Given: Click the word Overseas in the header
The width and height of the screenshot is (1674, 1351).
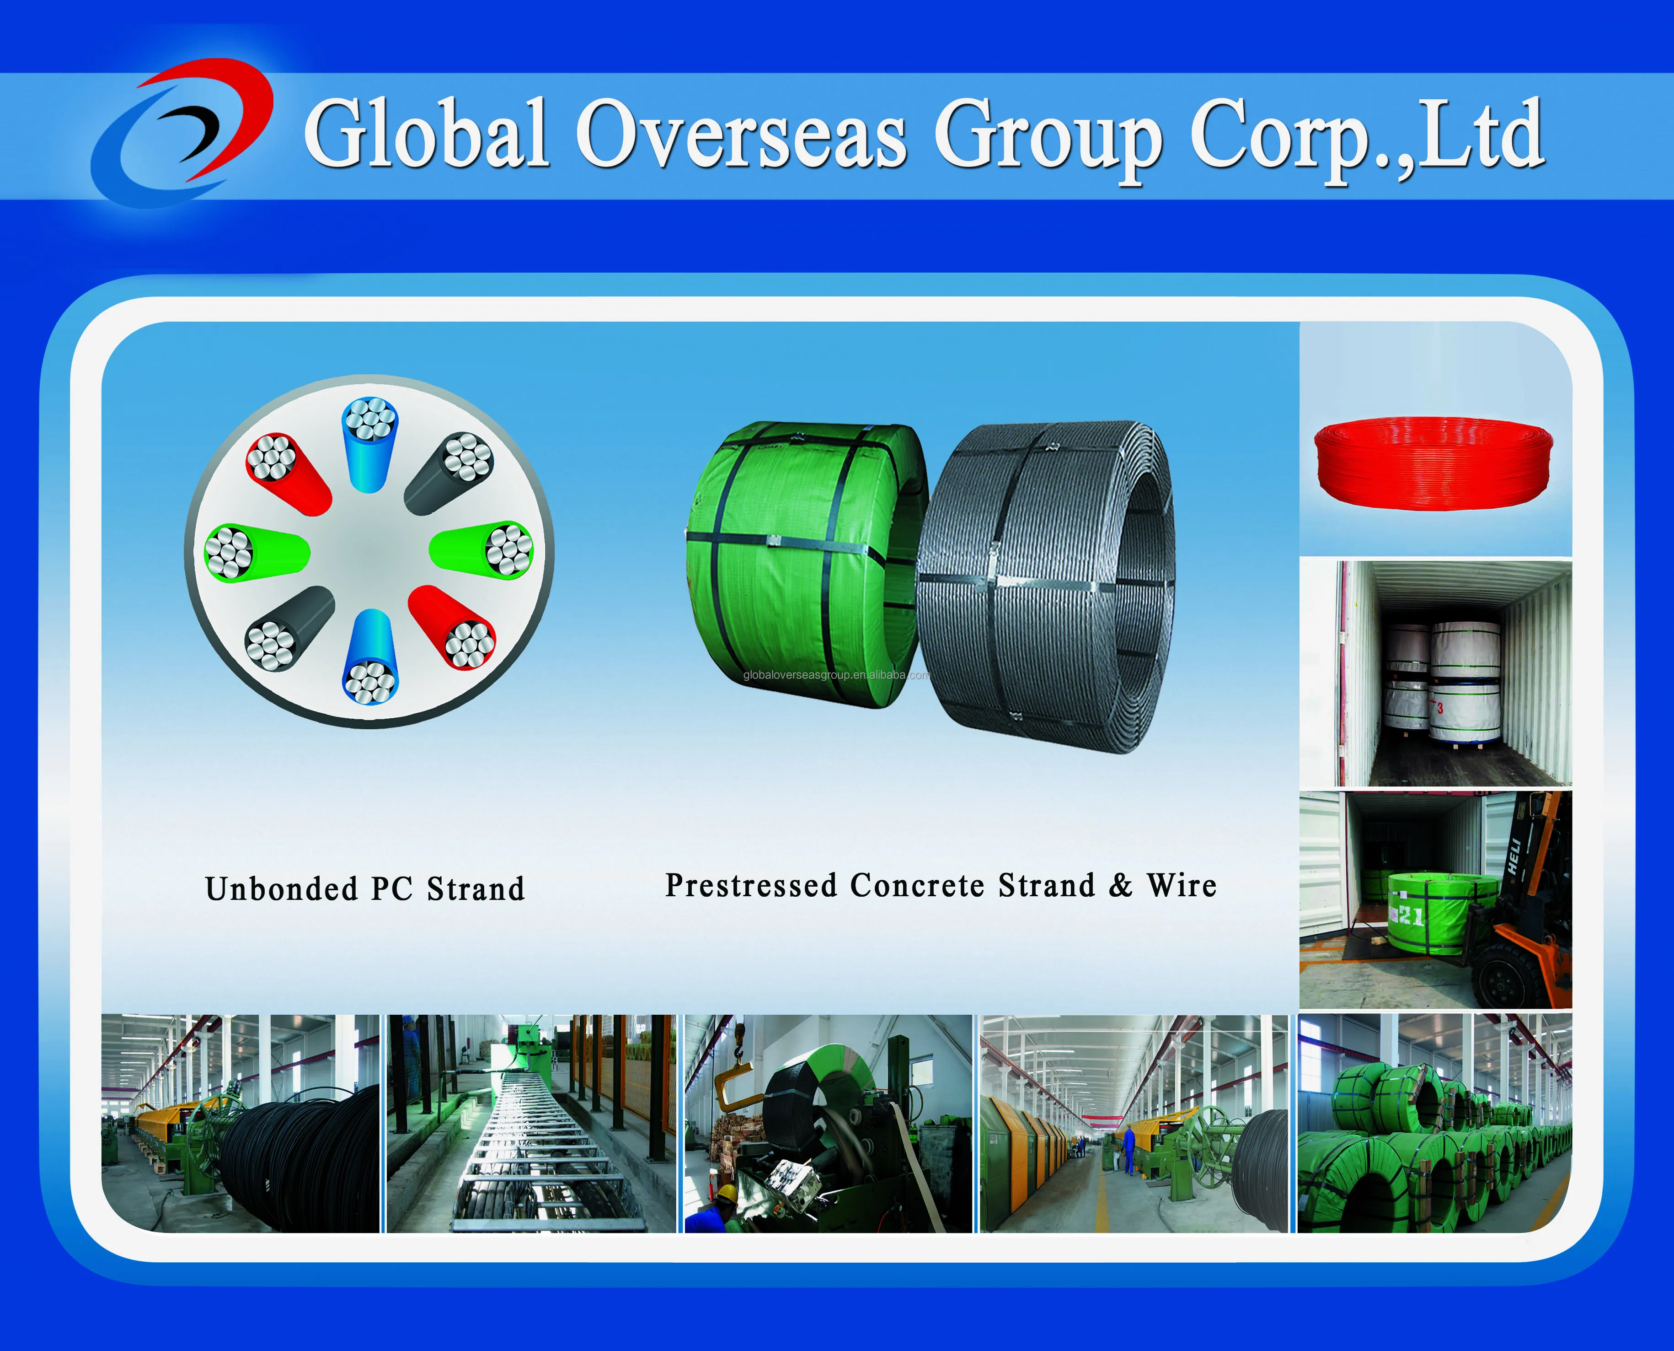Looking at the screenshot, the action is click(x=741, y=134).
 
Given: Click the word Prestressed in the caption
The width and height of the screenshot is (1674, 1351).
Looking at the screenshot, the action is click(x=751, y=886).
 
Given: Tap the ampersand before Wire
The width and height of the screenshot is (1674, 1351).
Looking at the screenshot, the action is click(x=1120, y=886).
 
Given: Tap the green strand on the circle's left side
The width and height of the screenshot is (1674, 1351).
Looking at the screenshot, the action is click(x=255, y=551).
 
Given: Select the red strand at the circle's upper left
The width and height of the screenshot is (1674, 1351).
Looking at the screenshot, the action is click(x=287, y=473).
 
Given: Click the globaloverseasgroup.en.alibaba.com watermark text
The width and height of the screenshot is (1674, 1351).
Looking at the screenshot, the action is click(x=836, y=675).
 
